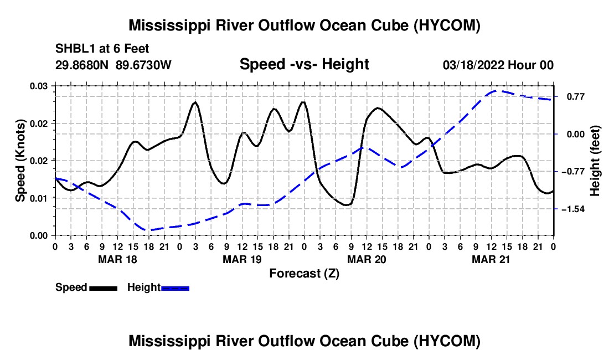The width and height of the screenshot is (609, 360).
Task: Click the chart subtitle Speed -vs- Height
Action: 304,64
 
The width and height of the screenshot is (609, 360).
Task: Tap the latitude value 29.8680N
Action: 82,65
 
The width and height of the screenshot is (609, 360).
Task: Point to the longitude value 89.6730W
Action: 143,65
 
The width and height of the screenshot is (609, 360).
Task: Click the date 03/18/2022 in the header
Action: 473,65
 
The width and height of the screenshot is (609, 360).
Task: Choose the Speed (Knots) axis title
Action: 20,161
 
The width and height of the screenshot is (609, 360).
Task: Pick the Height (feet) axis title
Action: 595,161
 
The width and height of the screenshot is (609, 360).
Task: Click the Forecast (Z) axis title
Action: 304,274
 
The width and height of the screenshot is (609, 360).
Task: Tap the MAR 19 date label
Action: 242,259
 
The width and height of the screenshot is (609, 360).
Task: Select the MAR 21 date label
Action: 491,259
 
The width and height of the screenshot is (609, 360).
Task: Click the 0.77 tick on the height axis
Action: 576,97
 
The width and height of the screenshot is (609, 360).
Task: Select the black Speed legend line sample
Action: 104,289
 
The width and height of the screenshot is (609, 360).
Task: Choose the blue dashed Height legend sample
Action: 175,289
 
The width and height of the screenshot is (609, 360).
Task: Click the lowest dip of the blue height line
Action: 149,230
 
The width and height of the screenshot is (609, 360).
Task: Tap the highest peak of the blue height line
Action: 495,91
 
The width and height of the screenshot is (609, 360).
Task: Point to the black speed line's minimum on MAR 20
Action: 347,205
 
